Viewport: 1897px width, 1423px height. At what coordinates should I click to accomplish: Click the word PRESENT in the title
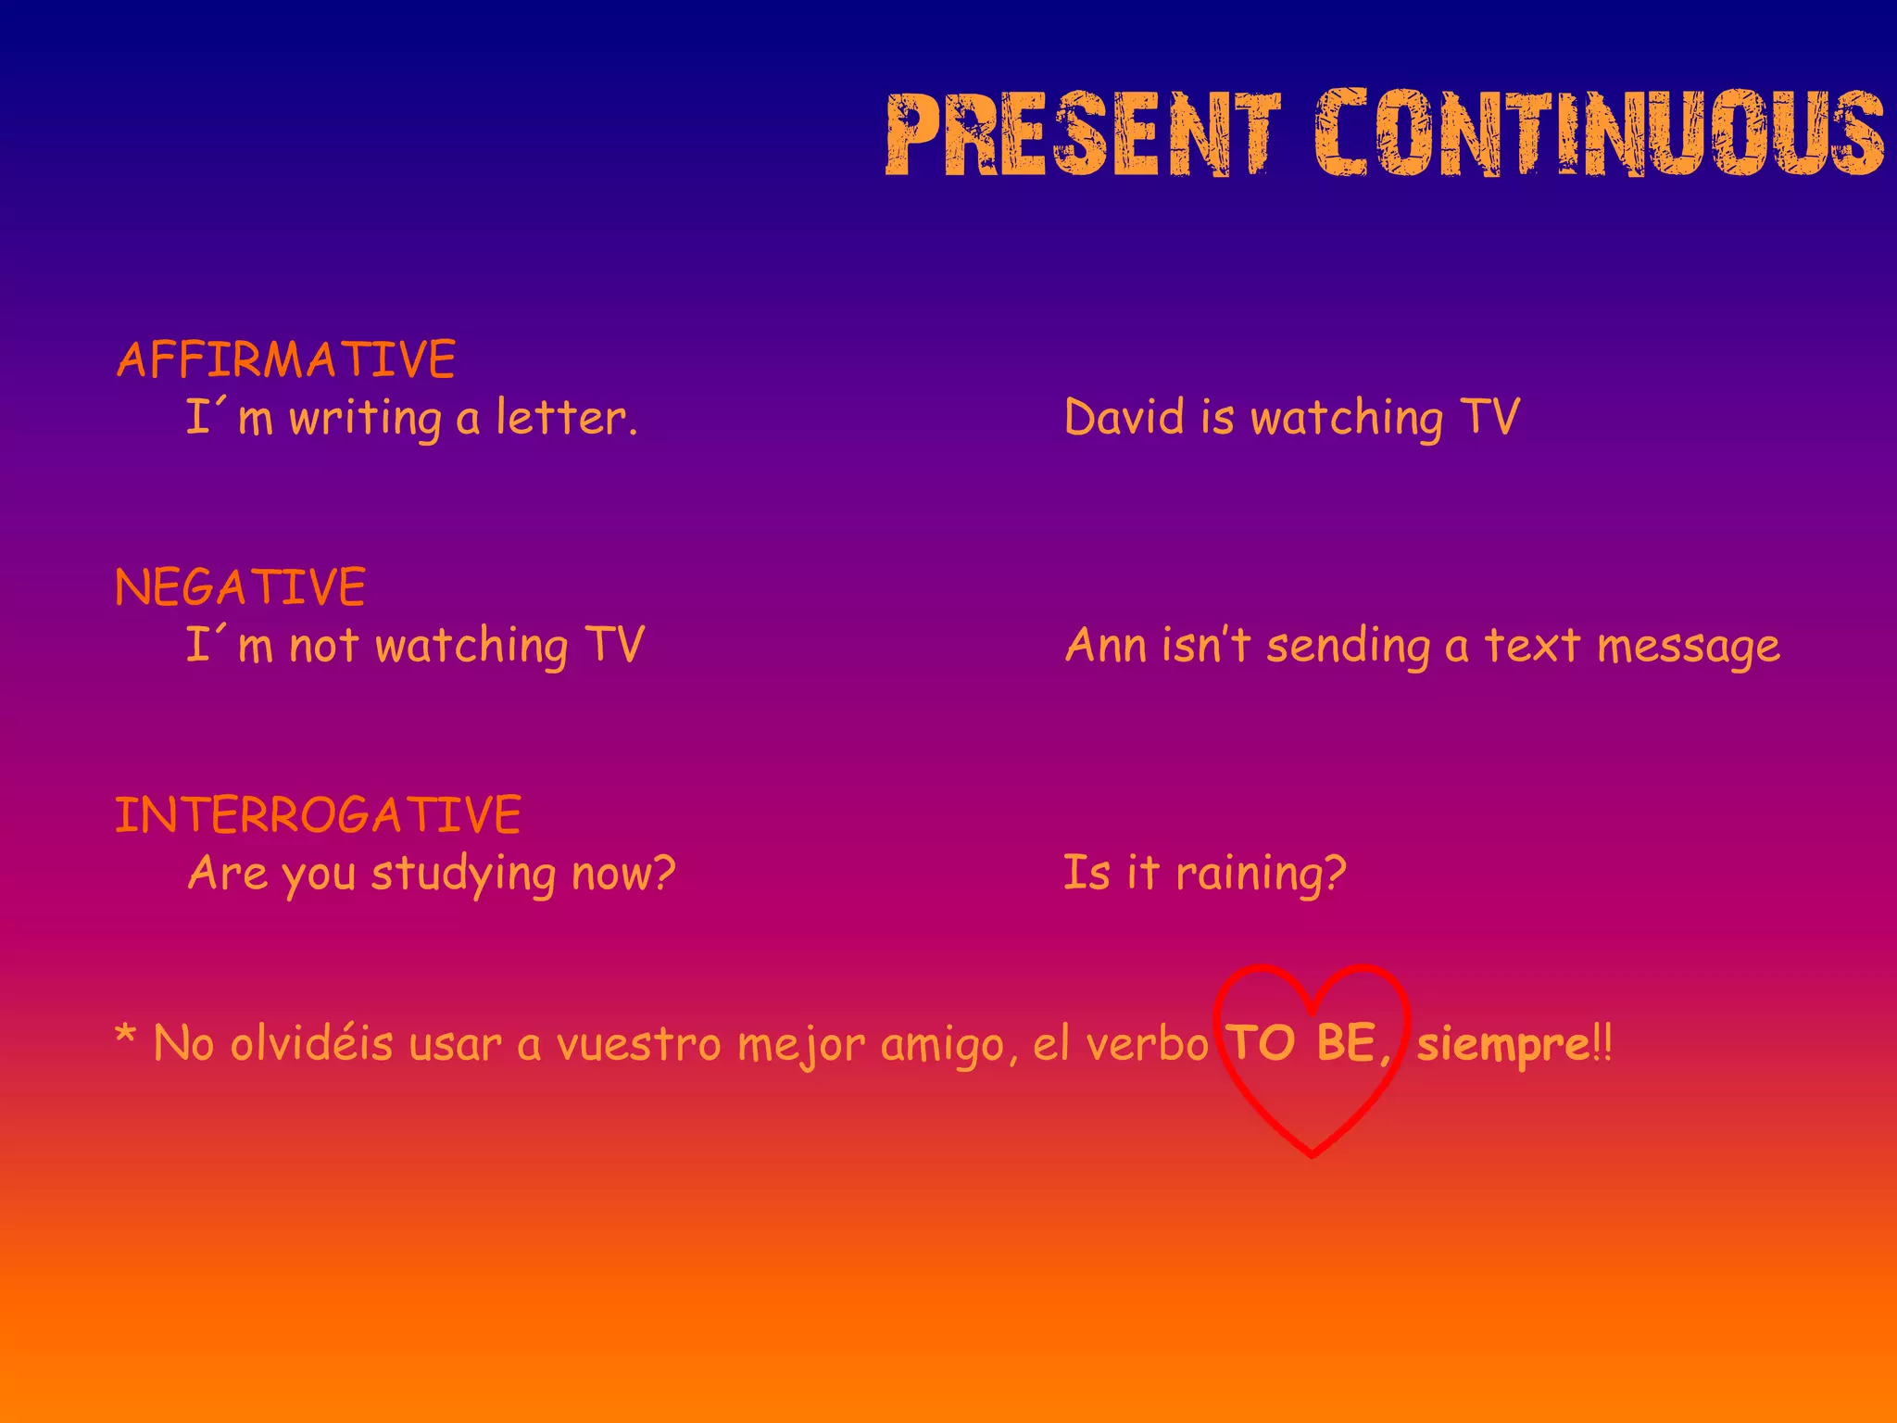pyautogui.click(x=1083, y=134)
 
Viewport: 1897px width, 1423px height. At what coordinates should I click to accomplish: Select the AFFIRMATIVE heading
pyautogui.click(x=286, y=359)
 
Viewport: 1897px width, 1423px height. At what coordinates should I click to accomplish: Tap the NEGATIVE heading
pyautogui.click(x=241, y=587)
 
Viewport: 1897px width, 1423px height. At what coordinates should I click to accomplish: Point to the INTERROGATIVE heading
pyautogui.click(x=318, y=815)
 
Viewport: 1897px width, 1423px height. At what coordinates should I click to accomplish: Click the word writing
pyautogui.click(x=364, y=419)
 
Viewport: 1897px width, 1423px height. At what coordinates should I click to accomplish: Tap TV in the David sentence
pyautogui.click(x=1489, y=417)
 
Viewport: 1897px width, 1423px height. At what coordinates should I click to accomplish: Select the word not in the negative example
pyautogui.click(x=323, y=646)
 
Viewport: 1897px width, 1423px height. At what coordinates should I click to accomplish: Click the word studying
pyautogui.click(x=463, y=875)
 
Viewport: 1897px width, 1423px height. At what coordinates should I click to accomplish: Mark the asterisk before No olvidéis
pyautogui.click(x=125, y=1036)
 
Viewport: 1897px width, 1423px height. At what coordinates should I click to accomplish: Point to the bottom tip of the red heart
pyautogui.click(x=1313, y=1154)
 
